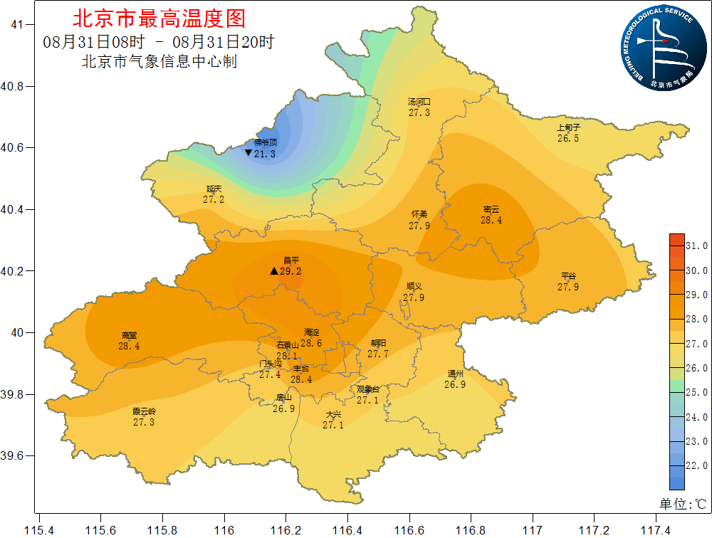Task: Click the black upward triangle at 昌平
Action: [x=274, y=271]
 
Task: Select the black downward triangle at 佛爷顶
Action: [x=248, y=153]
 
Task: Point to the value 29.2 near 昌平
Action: [x=290, y=271]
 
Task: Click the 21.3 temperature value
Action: [x=265, y=154]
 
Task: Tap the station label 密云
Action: [x=491, y=209]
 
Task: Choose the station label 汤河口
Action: [x=419, y=102]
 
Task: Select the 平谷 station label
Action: [x=568, y=276]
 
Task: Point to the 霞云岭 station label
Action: [x=144, y=411]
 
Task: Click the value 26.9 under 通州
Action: [x=455, y=384]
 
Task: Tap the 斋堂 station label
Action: [x=129, y=335]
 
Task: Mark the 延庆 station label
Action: [x=214, y=189]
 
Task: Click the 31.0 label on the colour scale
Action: [x=696, y=246]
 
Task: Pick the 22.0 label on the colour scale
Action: [x=696, y=465]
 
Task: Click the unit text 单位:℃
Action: [x=682, y=504]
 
